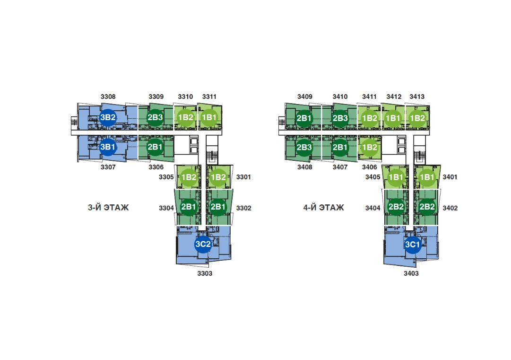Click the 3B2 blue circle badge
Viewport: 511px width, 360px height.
108,118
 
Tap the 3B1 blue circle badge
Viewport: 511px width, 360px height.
108,147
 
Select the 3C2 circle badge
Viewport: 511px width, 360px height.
203,244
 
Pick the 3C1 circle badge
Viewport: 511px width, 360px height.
412,244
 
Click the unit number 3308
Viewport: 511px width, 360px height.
108,97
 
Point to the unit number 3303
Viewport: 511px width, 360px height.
205,273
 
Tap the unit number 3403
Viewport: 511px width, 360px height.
411,273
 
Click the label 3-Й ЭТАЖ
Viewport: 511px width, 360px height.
108,207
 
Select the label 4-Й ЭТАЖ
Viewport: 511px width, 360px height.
324,207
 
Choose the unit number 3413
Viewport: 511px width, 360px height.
416,97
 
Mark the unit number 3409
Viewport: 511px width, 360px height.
304,97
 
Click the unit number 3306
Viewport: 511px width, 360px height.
156,167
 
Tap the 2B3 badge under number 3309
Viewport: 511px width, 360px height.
155,118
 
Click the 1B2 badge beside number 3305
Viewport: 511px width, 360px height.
189,177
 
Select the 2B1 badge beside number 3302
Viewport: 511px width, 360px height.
218,207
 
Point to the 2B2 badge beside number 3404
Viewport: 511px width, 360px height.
395,207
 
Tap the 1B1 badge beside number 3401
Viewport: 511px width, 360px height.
427,177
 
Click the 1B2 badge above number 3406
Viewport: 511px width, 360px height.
369,147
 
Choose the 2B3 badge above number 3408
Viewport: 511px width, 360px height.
304,147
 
